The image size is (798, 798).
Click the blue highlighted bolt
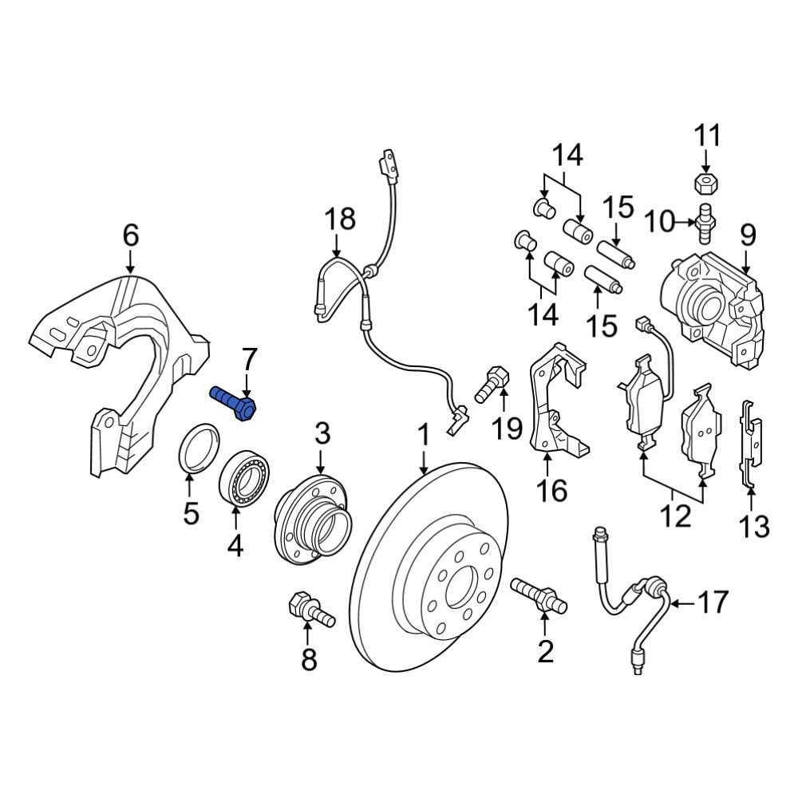click(233, 402)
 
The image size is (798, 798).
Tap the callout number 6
click(130, 235)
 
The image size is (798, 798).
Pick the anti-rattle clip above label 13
click(750, 443)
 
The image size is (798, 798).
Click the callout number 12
click(675, 516)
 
